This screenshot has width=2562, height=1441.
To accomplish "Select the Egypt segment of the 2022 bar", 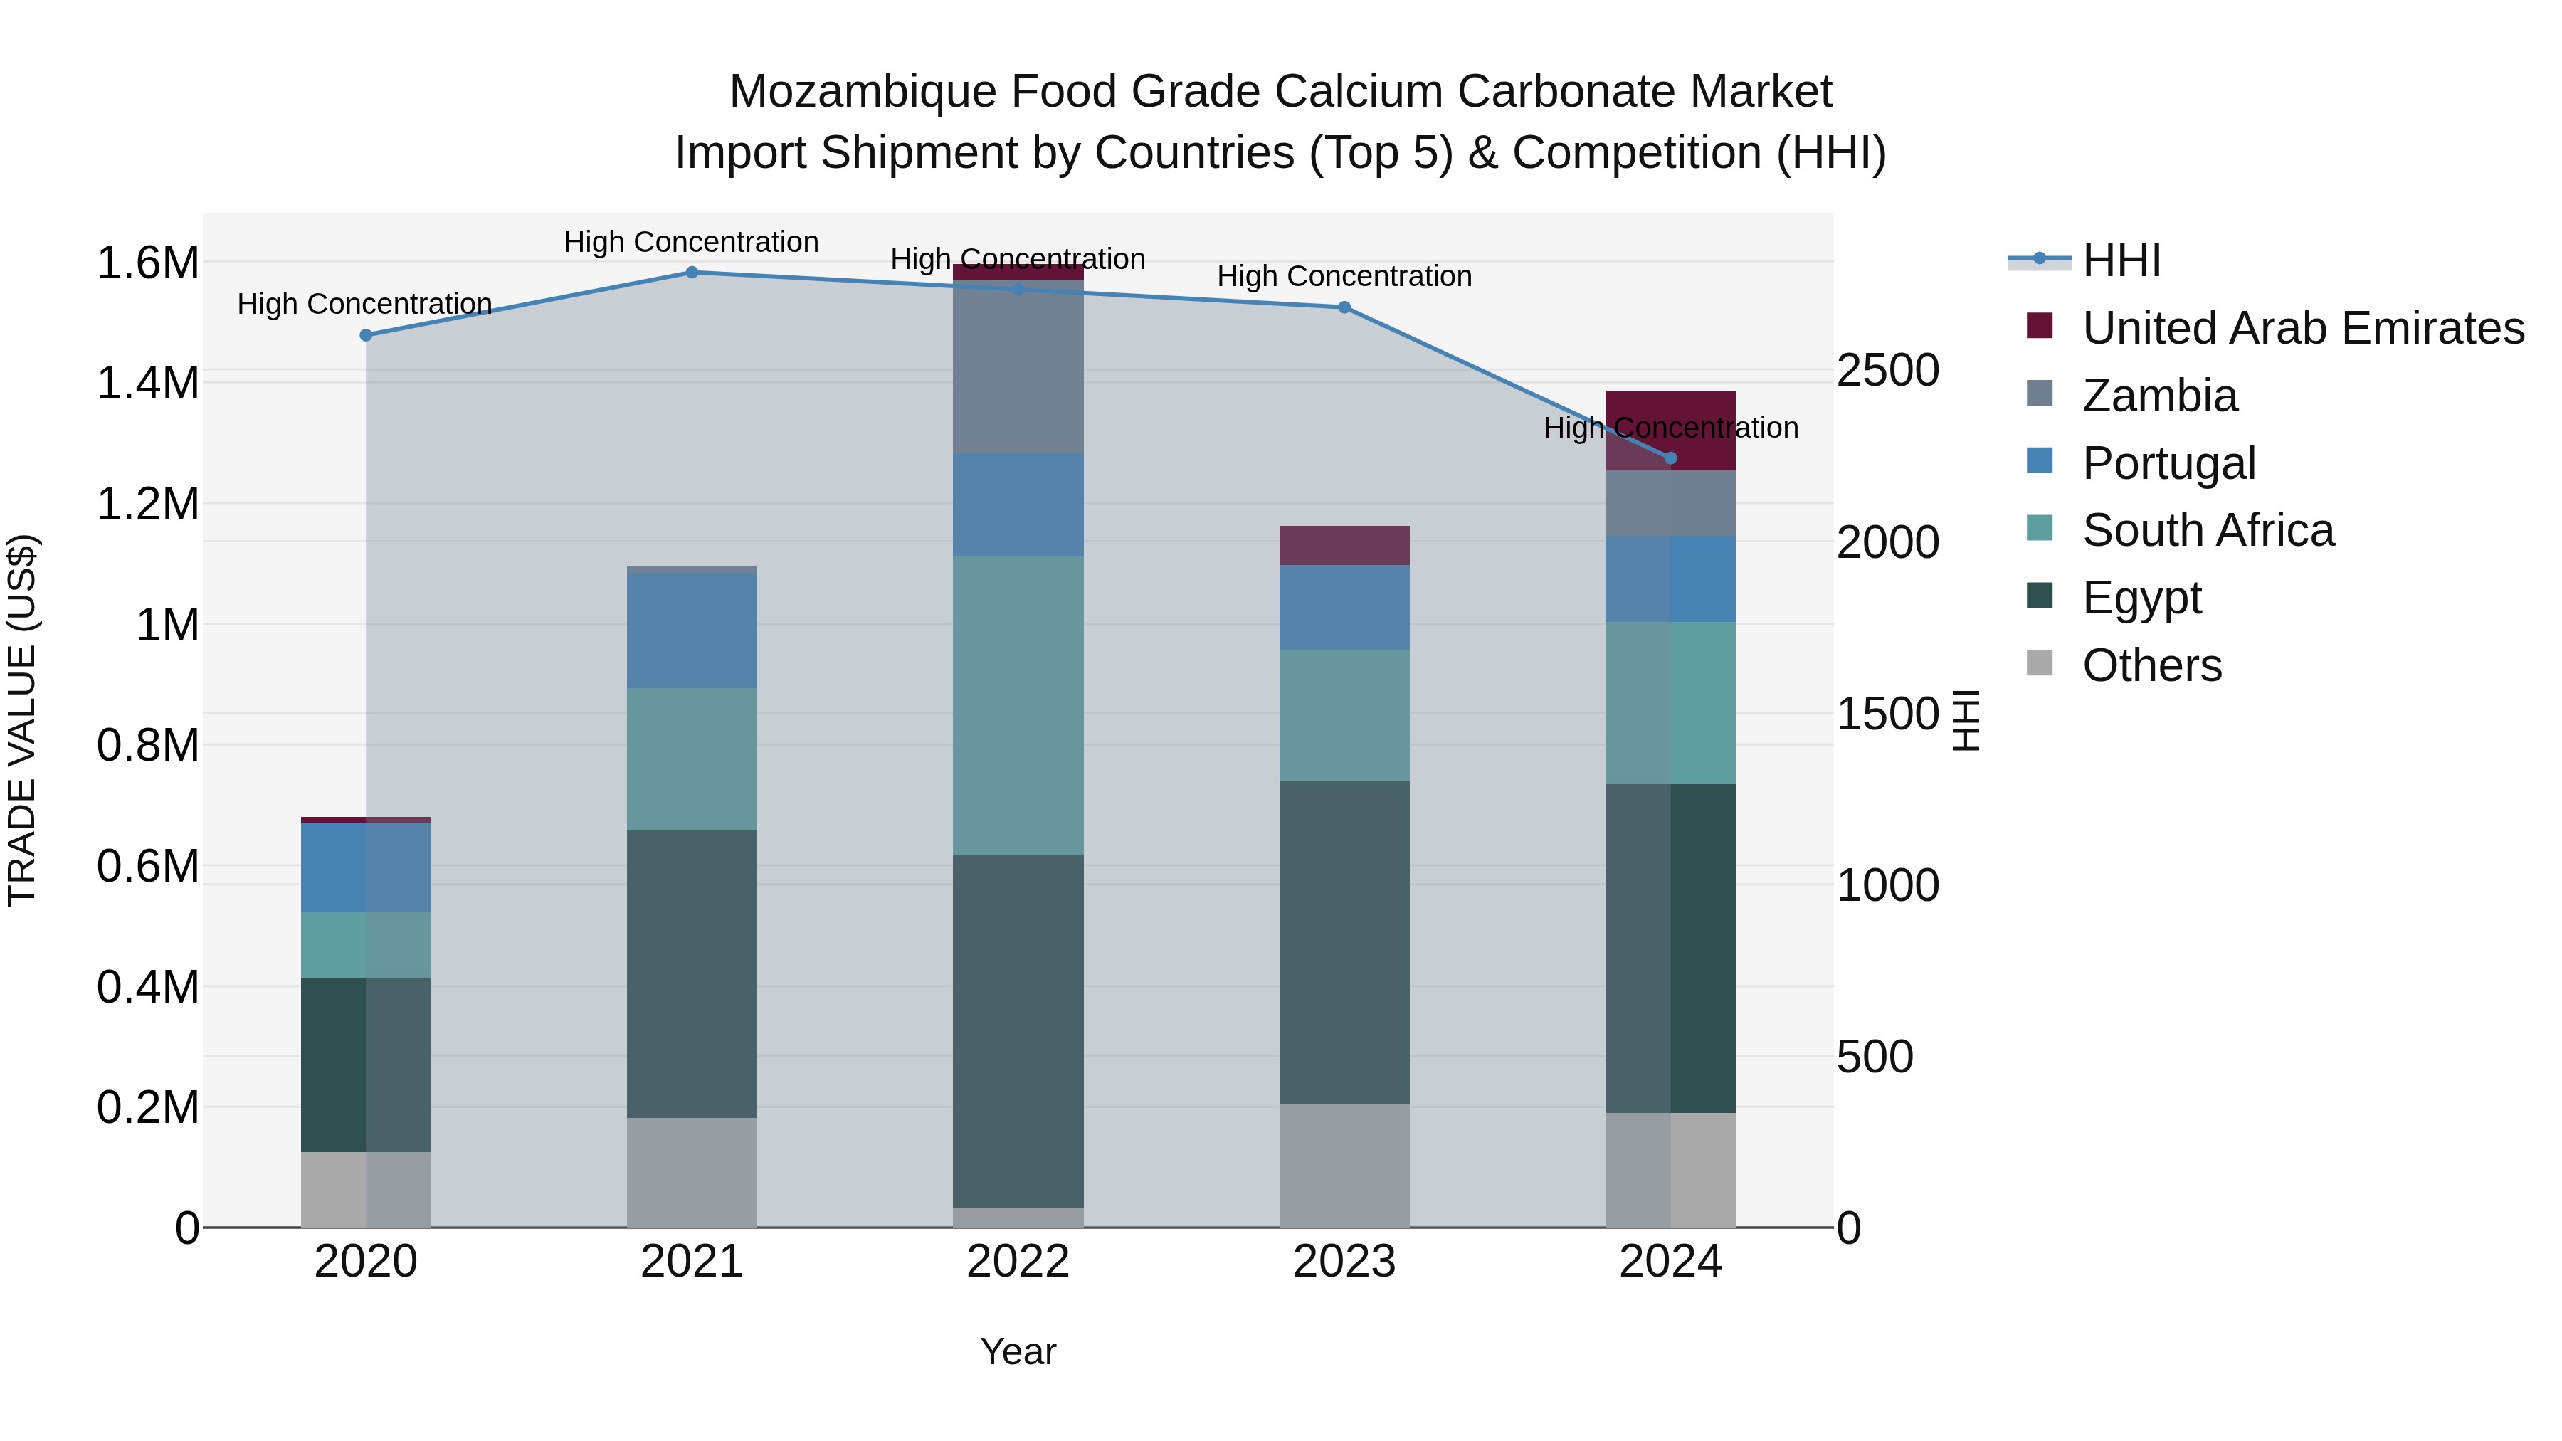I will click(x=1018, y=1030).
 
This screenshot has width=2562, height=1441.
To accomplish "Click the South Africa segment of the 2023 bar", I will click(x=1344, y=715).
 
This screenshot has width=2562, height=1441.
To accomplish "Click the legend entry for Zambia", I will click(x=2159, y=396).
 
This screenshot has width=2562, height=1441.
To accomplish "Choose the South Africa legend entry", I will click(x=2207, y=530).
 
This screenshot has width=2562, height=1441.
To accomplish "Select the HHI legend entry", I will click(x=2121, y=260).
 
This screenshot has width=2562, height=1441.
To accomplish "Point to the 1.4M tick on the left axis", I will click(x=148, y=384).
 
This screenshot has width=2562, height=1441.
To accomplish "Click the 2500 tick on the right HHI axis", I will click(x=1887, y=371).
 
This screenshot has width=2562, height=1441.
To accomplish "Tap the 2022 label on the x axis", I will click(x=1018, y=1262).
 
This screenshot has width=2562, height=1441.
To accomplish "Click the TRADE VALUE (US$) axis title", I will click(x=22, y=720).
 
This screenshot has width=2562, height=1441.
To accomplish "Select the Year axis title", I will click(x=1018, y=1351).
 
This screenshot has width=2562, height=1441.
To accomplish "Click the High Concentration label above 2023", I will click(x=1344, y=277).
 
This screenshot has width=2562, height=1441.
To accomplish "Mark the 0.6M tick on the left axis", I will click(x=148, y=866).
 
